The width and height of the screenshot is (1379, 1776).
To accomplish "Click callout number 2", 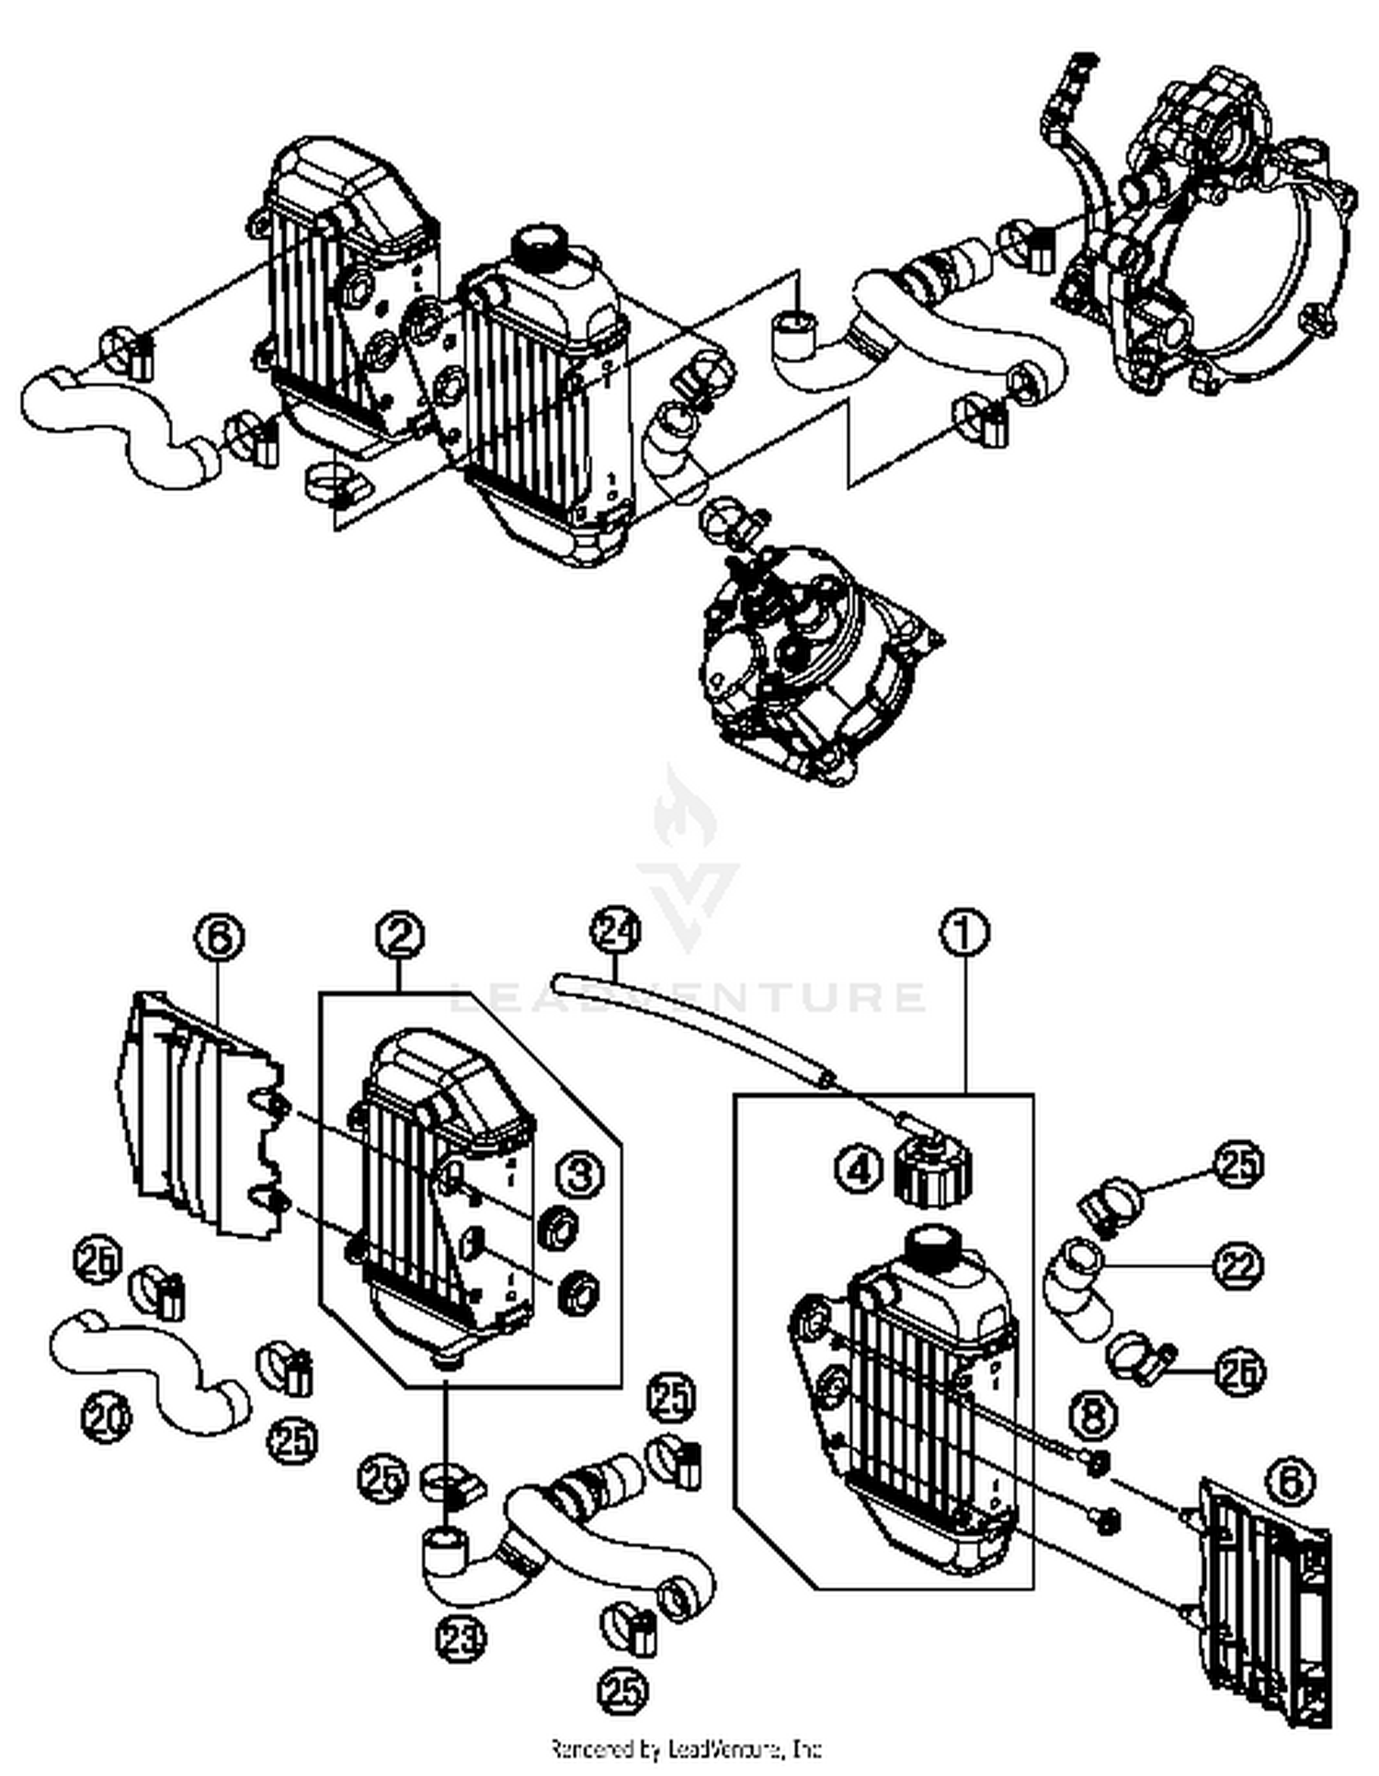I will coord(400,935).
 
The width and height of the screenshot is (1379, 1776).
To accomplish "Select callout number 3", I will coord(580,1174).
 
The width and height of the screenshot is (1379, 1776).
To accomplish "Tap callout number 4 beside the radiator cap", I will coord(857,1170).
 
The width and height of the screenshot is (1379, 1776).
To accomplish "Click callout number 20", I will coord(107,1416).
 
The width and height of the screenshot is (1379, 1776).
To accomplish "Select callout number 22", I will coord(1238,1266).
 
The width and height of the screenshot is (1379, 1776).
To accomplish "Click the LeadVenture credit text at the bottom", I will coord(686,1747).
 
